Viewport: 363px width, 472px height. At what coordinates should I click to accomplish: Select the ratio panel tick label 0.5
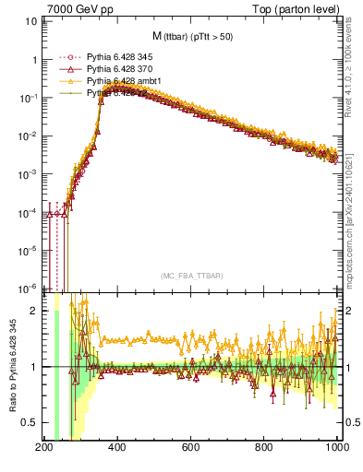[30, 422]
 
